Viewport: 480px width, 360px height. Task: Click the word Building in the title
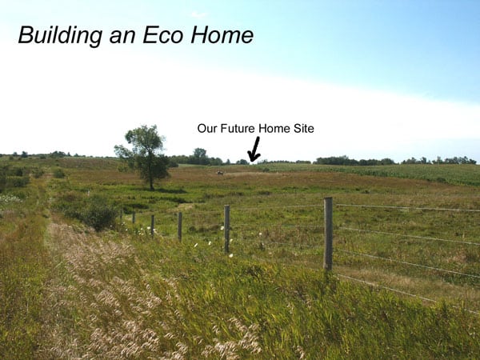coord(60,35)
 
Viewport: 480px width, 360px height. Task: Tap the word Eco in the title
coord(162,35)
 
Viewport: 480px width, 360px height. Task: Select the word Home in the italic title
coord(222,35)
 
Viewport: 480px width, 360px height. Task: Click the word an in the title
coord(122,38)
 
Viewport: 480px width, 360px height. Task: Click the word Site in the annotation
coord(304,128)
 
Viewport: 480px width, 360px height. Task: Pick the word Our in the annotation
coord(207,128)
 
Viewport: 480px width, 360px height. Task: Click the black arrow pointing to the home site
coord(254,149)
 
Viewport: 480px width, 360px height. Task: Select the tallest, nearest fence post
coord(328,234)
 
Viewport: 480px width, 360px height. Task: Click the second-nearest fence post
coord(227,229)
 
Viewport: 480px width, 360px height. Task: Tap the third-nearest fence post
coord(180,226)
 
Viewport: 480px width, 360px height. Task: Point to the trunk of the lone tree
coord(151,181)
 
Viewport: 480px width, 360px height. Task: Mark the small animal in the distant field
coord(220,173)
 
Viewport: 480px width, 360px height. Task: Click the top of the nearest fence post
coord(328,198)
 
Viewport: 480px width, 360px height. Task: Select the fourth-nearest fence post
coord(153,226)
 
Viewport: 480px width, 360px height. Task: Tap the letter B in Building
coord(26,35)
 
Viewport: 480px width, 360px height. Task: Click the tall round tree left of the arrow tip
coord(199,157)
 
